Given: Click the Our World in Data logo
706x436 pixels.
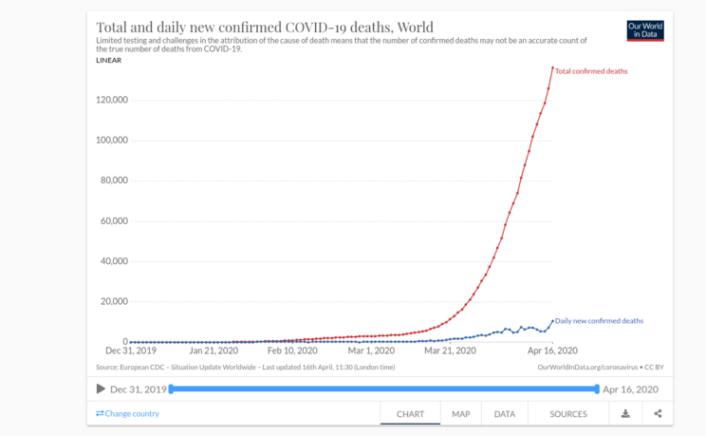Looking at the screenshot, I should tap(645, 30).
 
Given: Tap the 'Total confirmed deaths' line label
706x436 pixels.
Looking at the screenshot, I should tap(591, 71).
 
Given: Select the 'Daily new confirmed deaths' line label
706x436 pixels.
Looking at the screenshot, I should tap(599, 321).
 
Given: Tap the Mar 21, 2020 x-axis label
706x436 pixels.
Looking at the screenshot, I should tap(450, 351).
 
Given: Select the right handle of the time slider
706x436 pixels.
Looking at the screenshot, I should tap(597, 389).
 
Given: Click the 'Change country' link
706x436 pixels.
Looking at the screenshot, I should tap(127, 413).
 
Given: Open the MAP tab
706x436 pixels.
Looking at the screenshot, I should tap(461, 414).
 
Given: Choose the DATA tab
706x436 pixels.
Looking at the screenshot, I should tap(505, 414).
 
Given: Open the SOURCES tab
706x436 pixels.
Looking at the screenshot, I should tap(568, 414).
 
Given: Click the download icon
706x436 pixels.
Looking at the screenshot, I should tap(625, 413).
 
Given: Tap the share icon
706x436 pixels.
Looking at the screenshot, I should tap(658, 413).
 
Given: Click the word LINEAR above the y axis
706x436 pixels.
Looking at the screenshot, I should tap(109, 60).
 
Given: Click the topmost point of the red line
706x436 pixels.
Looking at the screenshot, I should tap(552, 67).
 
